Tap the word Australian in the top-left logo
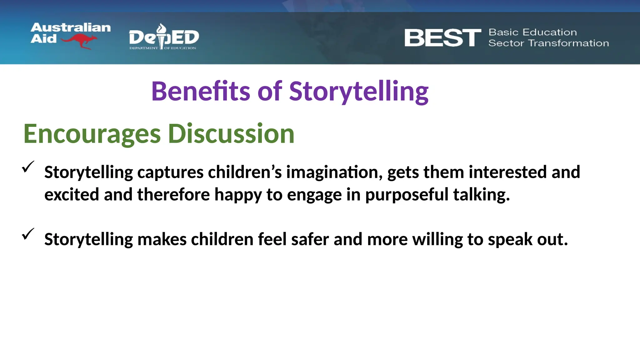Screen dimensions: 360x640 point(71,27)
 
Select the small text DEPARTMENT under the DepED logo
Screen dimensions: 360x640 point(143,48)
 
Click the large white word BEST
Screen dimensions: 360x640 point(442,38)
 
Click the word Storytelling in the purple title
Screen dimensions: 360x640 point(358,91)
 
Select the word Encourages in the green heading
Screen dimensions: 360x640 point(92,134)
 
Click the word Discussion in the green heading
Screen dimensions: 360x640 point(231,134)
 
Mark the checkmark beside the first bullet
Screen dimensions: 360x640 point(28,167)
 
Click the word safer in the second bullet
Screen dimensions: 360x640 point(310,239)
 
